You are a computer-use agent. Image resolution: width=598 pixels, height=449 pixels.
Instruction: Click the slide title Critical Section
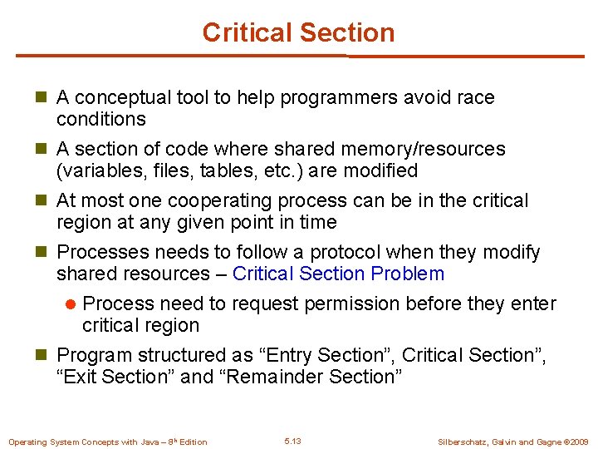tap(298, 32)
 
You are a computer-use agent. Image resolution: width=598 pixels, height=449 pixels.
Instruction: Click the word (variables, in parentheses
tap(92, 170)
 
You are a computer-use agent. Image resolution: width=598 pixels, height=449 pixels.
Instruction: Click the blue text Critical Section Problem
tap(338, 274)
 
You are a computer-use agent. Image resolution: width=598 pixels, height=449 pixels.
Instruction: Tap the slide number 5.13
tap(292, 441)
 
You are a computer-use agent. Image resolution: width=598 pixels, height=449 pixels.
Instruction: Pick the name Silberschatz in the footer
tap(466, 442)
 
